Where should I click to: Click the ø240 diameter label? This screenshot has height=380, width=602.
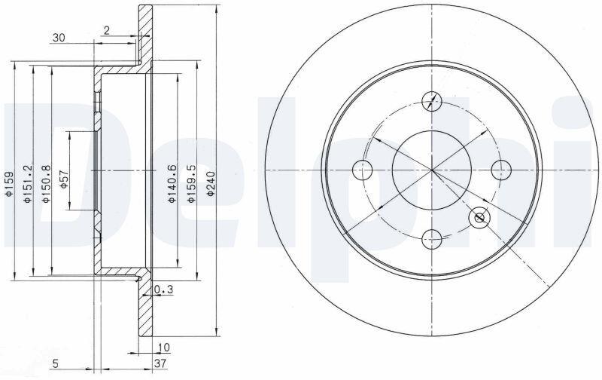click(211, 184)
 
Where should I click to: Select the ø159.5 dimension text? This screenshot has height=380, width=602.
click(191, 184)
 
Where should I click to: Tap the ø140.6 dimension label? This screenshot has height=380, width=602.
click(172, 184)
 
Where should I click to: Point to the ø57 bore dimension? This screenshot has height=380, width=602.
click(64, 179)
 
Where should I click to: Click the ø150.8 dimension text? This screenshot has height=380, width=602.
click(46, 184)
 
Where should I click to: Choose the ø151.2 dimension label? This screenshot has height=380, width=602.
click(27, 184)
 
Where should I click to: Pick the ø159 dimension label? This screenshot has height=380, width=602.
click(8, 184)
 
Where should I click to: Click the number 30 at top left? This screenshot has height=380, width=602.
click(59, 38)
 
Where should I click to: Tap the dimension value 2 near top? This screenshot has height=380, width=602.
click(107, 30)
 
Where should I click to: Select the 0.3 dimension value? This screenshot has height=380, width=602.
click(163, 290)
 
